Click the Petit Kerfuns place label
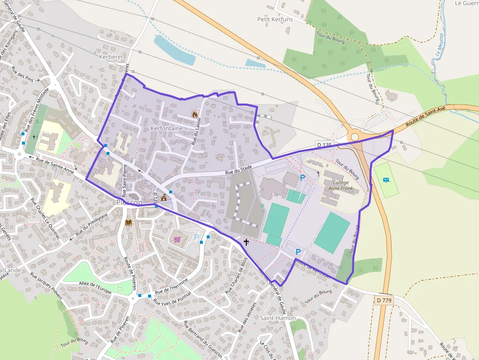click(275, 19)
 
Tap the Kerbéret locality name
click(111, 57)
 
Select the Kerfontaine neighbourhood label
click(167, 128)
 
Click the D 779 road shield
click(385, 300)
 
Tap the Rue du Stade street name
click(238, 169)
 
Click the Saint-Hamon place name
click(278, 318)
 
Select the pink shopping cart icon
click(177, 239)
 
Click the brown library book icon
click(129, 222)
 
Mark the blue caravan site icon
click(387, 180)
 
